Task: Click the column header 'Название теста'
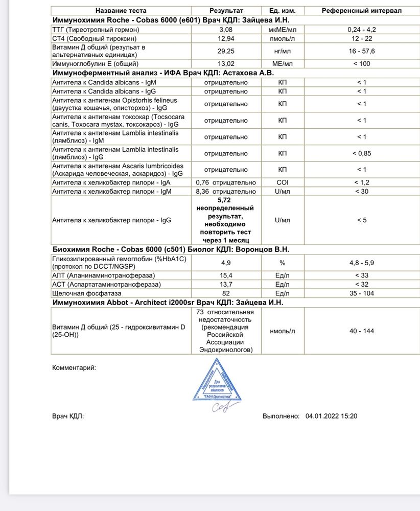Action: (x=121, y=11)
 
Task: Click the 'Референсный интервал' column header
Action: (x=362, y=11)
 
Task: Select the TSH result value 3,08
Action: (x=226, y=30)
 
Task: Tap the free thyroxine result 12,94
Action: (x=226, y=38)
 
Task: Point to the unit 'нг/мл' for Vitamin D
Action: (x=282, y=51)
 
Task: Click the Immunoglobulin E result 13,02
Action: (x=226, y=64)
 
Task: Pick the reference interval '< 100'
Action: (x=362, y=64)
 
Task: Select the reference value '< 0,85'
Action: (x=362, y=153)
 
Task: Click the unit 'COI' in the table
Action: (x=282, y=182)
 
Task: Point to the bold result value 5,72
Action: (x=225, y=201)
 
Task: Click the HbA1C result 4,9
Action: (x=226, y=263)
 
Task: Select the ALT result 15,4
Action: (x=226, y=275)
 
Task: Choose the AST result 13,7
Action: (x=226, y=284)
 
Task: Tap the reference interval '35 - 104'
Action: (x=362, y=293)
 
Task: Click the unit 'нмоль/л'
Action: (x=282, y=331)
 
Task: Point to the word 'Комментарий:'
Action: (x=74, y=367)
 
